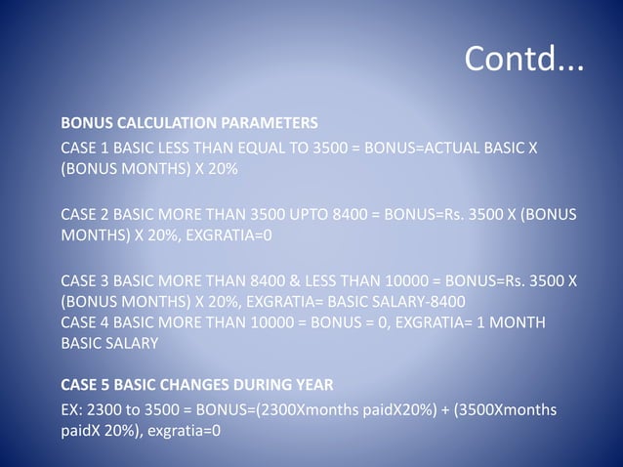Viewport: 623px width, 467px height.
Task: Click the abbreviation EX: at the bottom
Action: pos(72,409)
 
